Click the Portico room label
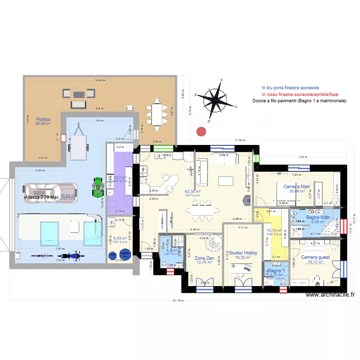point(42,119)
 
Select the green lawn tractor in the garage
point(98,186)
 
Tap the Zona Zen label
point(204,258)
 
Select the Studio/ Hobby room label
point(243,253)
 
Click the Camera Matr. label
point(297,186)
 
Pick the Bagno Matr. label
point(319,217)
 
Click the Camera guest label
point(315,257)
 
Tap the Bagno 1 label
point(277,271)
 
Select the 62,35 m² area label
point(192,192)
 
